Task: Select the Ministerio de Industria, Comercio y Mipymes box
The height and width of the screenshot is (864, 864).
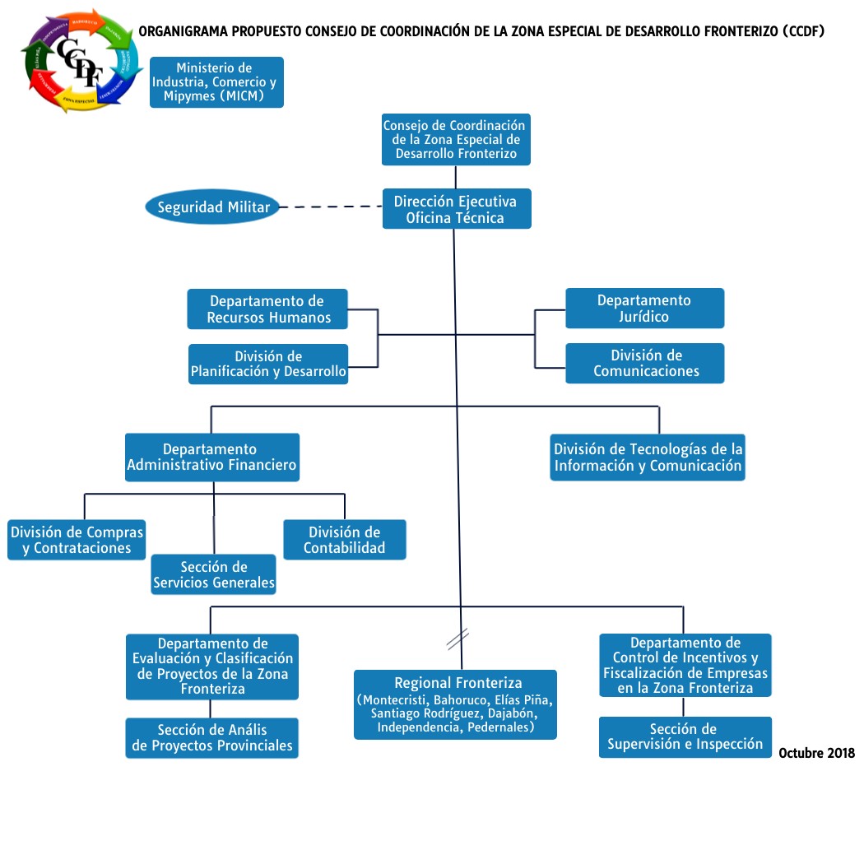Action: pyautogui.click(x=216, y=82)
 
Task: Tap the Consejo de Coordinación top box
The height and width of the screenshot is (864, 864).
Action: pyautogui.click(x=455, y=139)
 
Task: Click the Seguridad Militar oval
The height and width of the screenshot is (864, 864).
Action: pyautogui.click(x=213, y=207)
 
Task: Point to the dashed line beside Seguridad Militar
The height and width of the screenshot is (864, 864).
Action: pyautogui.click(x=329, y=207)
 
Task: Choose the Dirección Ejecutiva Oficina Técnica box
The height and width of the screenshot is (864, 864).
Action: pyautogui.click(x=455, y=209)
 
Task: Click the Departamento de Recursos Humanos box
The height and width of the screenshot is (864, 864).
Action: pyautogui.click(x=267, y=309)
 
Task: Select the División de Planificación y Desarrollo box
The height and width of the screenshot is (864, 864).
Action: pyautogui.click(x=268, y=365)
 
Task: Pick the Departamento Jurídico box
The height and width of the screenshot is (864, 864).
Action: pyautogui.click(x=644, y=309)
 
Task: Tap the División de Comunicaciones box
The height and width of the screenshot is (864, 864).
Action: pyautogui.click(x=644, y=363)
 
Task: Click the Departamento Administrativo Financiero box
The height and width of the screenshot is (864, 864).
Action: pyautogui.click(x=211, y=458)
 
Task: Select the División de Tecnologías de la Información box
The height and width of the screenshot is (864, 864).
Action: pyautogui.click(x=648, y=458)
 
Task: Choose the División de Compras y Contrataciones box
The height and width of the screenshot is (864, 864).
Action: pyautogui.click(x=77, y=540)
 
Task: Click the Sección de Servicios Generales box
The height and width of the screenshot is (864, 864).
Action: pyautogui.click(x=214, y=574)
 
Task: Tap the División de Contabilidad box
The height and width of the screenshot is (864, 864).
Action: pyautogui.click(x=344, y=540)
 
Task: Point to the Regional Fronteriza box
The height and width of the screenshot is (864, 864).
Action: pyautogui.click(x=455, y=704)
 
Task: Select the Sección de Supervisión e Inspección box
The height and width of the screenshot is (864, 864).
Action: pyautogui.click(x=685, y=736)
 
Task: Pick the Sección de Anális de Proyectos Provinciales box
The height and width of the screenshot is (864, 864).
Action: pyautogui.click(x=212, y=738)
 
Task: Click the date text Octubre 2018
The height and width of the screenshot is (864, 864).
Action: pyautogui.click(x=816, y=753)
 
